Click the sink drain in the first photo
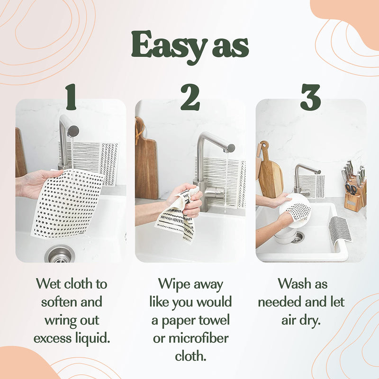[60, 254]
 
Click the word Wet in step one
[49, 284]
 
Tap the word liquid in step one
[94, 337]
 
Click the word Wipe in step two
[173, 284]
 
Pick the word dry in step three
[311, 319]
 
